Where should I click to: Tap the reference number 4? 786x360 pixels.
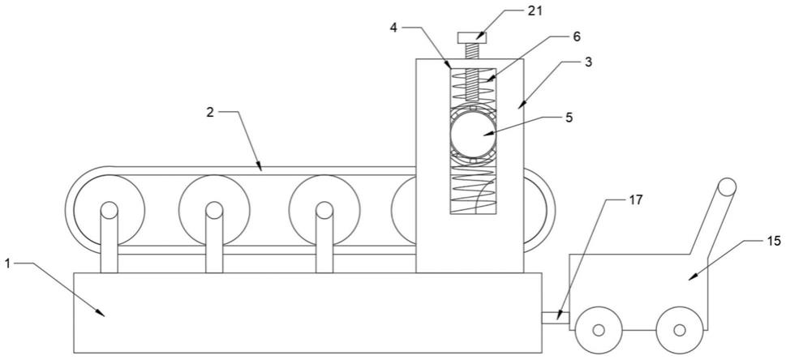393,27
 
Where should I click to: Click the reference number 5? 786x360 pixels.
569,117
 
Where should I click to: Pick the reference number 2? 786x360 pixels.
210,112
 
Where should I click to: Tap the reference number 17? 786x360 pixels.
635,199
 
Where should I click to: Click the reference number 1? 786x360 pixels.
7,263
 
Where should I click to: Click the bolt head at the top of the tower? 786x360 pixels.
471,36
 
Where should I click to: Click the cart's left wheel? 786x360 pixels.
599,330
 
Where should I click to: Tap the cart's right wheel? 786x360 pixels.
680,330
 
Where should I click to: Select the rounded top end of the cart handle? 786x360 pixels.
727,187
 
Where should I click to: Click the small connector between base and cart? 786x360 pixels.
552,317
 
